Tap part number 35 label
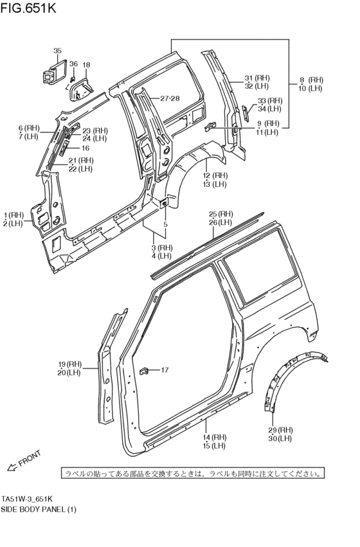point(57,51)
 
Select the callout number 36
point(73,64)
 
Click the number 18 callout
point(86,65)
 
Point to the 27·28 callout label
point(170,98)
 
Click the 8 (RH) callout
point(311,80)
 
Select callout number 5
point(165,224)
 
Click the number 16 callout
point(85,148)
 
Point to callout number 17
point(165,370)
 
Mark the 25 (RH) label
point(221,214)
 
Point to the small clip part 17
point(145,370)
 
